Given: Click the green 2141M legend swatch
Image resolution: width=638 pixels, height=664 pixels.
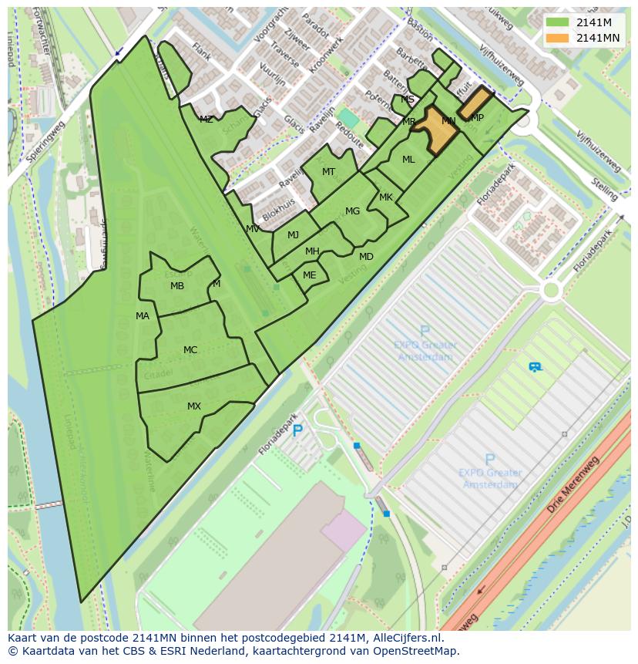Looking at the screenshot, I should point(557,22).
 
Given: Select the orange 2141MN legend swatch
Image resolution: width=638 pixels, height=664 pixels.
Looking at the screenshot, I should point(557,38).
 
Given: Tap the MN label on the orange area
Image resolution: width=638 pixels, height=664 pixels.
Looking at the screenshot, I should point(448,121).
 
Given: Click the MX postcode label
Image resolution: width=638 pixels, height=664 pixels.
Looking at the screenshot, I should point(193,406).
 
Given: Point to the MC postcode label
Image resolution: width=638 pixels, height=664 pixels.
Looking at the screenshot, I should point(190,350).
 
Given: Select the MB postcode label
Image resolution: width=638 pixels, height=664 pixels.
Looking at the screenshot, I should point(177,286).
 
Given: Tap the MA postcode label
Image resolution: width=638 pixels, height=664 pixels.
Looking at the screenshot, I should point(143,316).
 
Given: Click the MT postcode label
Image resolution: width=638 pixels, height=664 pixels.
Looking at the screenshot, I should point(329,172).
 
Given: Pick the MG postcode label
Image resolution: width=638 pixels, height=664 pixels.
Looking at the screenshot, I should point(352,211).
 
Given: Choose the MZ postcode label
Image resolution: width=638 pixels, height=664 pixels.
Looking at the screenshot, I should point(206,120).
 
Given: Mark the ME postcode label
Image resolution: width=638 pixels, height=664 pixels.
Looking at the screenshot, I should point(309,275).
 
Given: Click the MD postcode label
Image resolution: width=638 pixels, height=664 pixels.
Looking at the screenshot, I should point(366,257).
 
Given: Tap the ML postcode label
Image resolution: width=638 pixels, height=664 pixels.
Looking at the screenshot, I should point(408,160).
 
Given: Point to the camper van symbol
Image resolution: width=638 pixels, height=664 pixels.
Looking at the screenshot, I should point(535,367).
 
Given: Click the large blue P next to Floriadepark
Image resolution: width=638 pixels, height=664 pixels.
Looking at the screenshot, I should point(297,431).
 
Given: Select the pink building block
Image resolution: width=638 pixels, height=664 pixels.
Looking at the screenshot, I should point(344,531).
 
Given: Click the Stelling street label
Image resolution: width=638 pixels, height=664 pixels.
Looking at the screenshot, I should point(604,187).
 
